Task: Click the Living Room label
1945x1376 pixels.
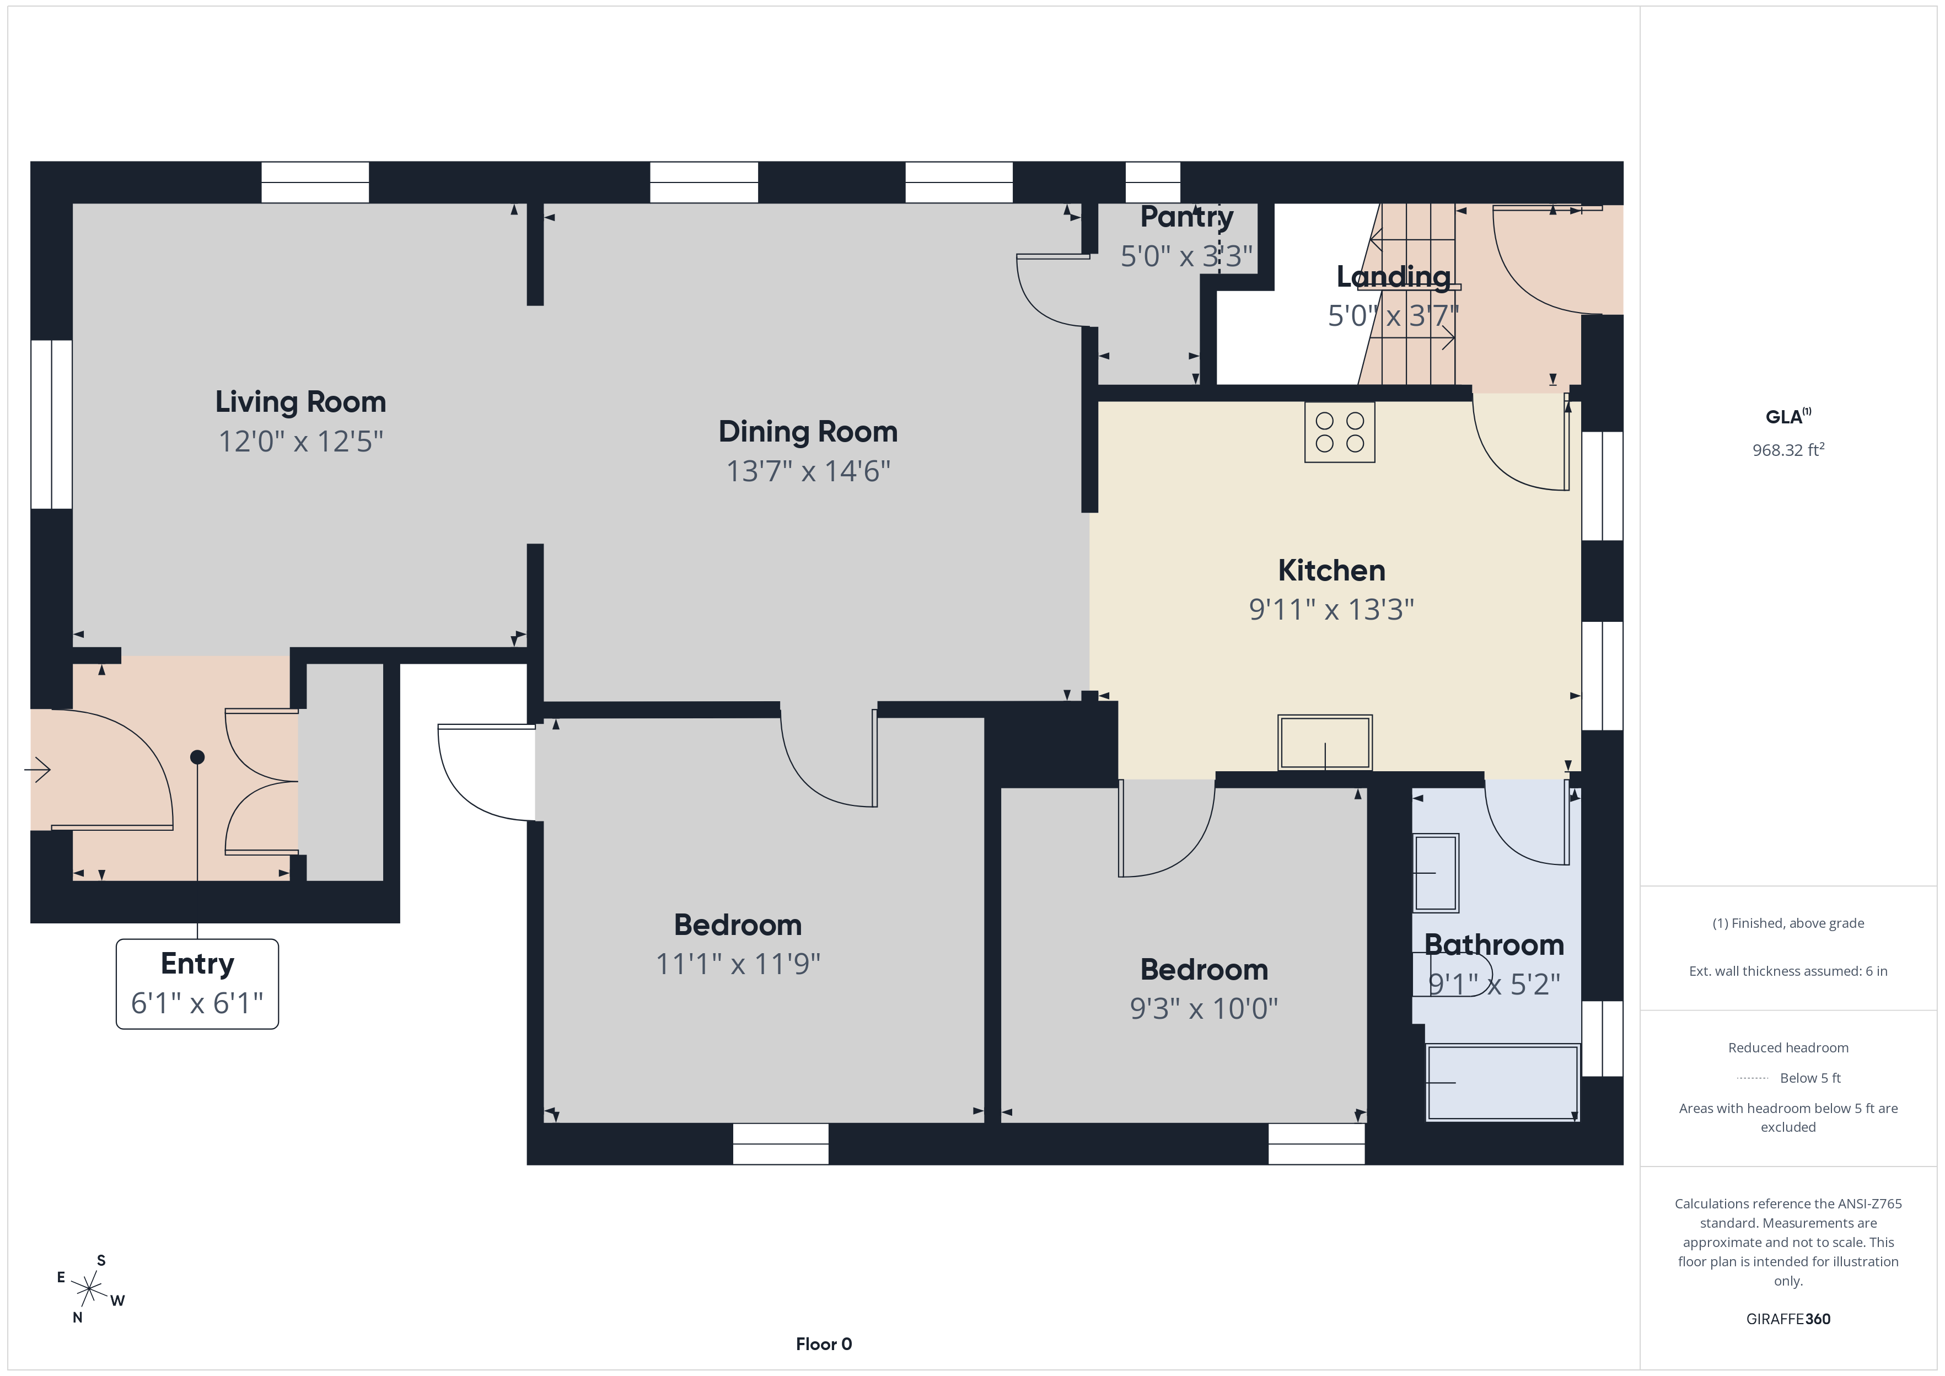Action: click(x=300, y=402)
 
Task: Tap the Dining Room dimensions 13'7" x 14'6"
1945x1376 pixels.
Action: click(x=808, y=471)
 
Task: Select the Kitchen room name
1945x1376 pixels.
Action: click(x=1332, y=570)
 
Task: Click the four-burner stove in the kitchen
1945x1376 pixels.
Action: click(x=1339, y=432)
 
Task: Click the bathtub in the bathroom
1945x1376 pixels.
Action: click(x=1502, y=1083)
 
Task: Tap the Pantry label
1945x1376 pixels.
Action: click(x=1187, y=217)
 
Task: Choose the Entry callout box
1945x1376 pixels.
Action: click(x=197, y=983)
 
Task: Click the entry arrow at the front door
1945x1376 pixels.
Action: click(x=37, y=770)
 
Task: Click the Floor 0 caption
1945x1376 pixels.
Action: click(x=824, y=1344)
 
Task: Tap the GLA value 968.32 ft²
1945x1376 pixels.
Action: click(x=1788, y=449)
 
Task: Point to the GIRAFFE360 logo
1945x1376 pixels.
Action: click(x=1788, y=1318)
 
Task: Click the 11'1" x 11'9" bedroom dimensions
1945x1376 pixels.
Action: click(x=738, y=964)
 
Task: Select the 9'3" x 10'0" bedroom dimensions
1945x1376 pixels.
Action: click(x=1203, y=1008)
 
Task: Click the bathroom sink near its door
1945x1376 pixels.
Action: click(x=1436, y=873)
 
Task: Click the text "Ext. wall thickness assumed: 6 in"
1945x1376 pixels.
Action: click(x=1788, y=971)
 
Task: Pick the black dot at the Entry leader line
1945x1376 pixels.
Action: click(x=197, y=756)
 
